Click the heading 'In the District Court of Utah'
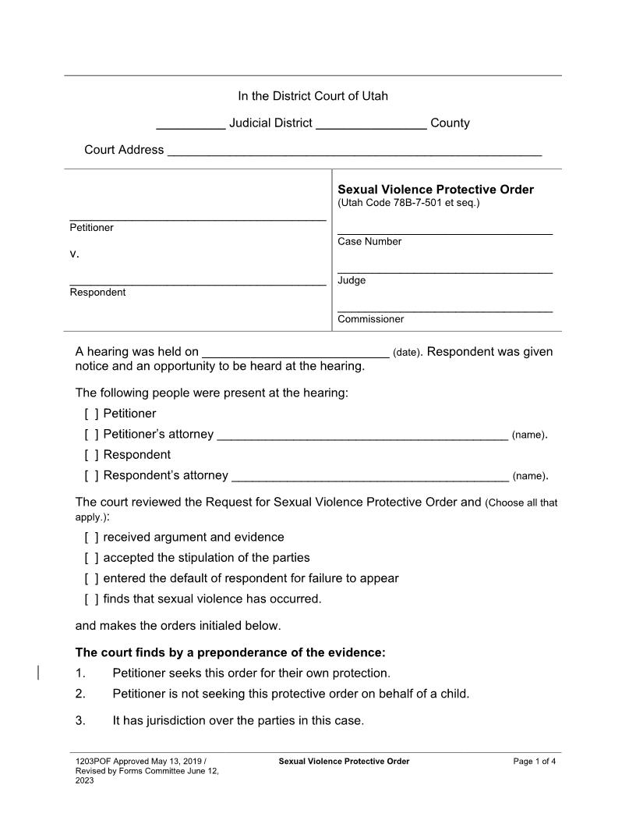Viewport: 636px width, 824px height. [x=313, y=96]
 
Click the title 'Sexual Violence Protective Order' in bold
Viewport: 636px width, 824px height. [x=435, y=190]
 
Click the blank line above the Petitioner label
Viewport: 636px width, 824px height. [x=197, y=218]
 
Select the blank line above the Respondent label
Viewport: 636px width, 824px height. [x=197, y=283]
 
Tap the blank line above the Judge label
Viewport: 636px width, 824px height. [x=444, y=271]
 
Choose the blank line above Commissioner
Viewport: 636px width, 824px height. [x=444, y=310]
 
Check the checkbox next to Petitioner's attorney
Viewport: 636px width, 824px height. [x=91, y=435]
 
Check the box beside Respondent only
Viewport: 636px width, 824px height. [x=91, y=455]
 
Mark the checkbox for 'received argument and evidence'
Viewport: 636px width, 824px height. [x=91, y=538]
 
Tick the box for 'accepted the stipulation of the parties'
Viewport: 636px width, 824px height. [x=91, y=558]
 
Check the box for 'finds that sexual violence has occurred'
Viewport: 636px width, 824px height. [x=91, y=599]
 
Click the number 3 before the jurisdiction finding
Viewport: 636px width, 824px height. [x=80, y=721]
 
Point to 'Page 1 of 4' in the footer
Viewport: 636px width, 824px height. [x=534, y=762]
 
